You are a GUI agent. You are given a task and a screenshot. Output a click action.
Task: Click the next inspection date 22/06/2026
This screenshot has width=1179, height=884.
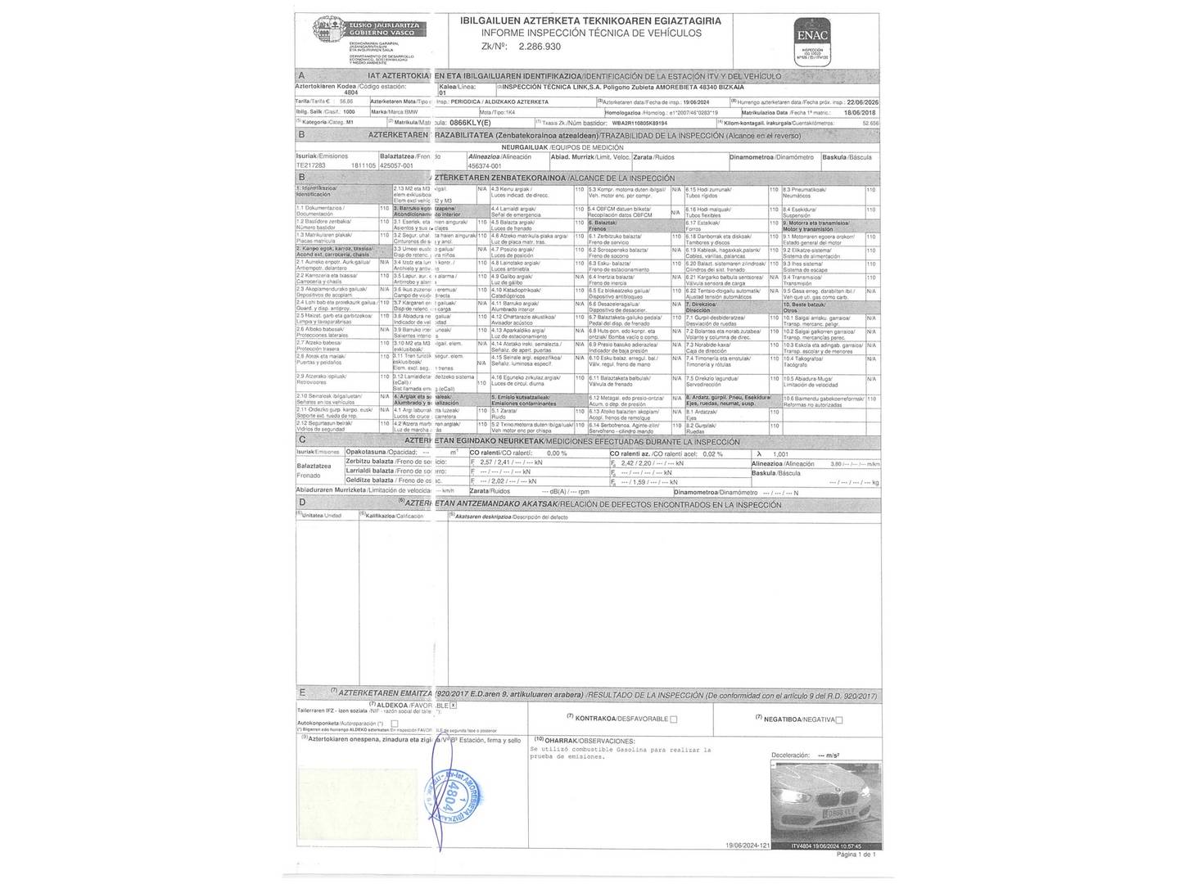[860, 102]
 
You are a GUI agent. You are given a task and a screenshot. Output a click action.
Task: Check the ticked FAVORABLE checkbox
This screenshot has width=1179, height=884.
[454, 704]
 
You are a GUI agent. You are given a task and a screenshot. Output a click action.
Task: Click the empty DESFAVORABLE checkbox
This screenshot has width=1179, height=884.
[674, 719]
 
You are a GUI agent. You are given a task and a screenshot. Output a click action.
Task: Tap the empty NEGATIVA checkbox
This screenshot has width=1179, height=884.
[838, 719]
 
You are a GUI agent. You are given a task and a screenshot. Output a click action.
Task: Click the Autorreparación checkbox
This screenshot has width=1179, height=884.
[394, 724]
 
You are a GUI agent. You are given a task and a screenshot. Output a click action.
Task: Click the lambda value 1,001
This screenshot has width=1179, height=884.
[781, 453]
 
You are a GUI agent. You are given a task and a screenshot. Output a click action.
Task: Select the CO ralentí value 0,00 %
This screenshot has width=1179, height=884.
[556, 453]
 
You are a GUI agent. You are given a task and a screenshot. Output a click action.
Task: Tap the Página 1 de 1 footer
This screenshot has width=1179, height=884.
[856, 854]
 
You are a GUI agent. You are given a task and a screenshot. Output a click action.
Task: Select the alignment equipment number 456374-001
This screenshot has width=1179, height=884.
[485, 165]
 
